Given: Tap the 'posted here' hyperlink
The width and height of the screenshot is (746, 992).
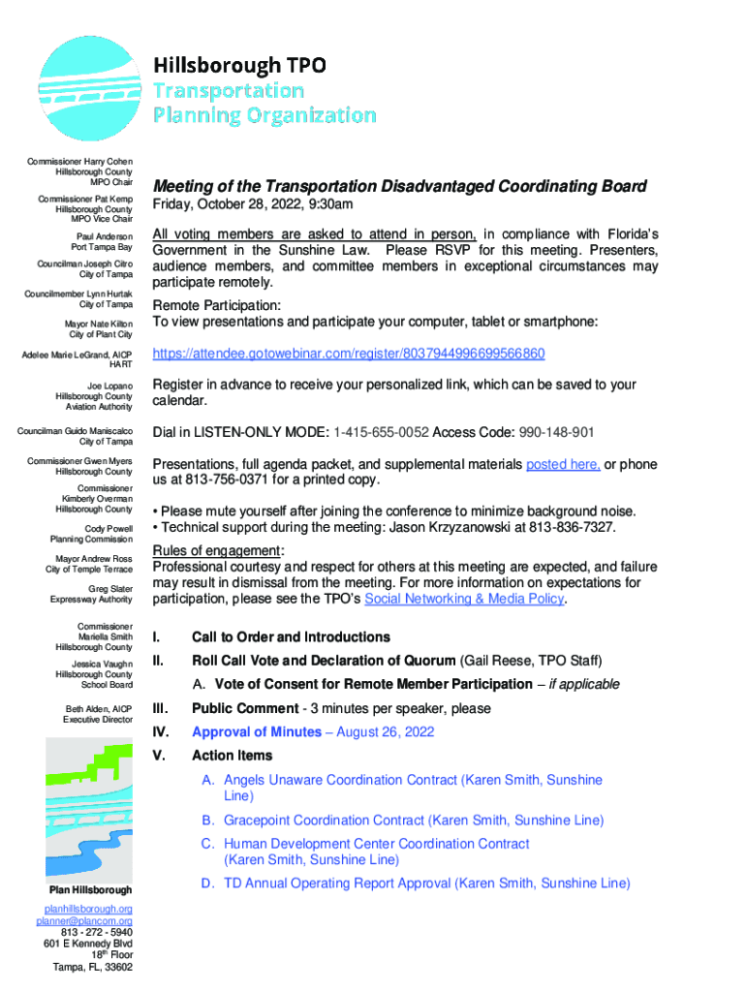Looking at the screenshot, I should pyautogui.click(x=562, y=464).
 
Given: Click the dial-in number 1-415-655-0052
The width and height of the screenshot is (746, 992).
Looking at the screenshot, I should pyautogui.click(x=381, y=432).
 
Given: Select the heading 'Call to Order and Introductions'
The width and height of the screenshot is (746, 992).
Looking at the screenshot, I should pyautogui.click(x=291, y=637).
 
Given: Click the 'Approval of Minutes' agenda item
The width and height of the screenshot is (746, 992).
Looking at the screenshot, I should pyautogui.click(x=256, y=732).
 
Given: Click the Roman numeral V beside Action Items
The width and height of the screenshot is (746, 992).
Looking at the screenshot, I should pyautogui.click(x=159, y=756).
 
